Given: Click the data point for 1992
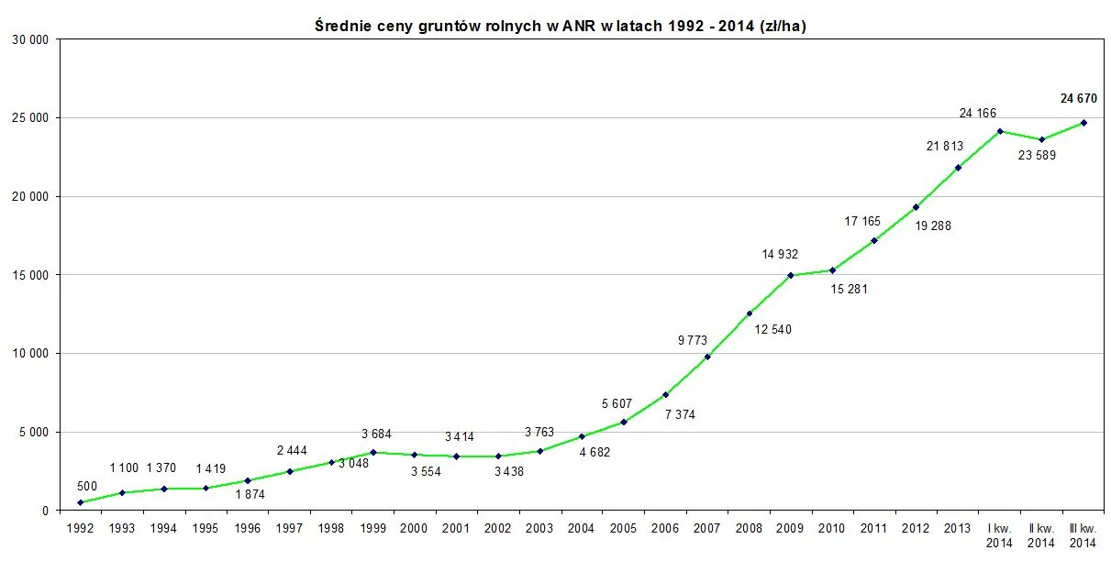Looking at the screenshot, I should pos(80,502).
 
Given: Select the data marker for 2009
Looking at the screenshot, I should pos(791,275).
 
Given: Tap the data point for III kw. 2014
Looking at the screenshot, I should pos(1083,123).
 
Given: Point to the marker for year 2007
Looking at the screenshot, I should pos(707,357).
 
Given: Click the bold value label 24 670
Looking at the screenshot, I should pos(1078,98).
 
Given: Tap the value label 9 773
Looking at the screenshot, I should pos(693,340).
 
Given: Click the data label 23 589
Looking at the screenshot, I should pos(1038,155).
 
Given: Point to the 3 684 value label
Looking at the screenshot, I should pos(377,434).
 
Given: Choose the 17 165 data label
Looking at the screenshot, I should pos(862,221).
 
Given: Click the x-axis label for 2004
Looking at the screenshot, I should pos(581,529).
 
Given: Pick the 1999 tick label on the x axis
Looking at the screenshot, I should pos(372,529).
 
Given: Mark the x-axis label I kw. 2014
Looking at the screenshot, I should pos(999,535).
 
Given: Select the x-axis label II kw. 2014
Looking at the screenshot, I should pos(1041,535).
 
